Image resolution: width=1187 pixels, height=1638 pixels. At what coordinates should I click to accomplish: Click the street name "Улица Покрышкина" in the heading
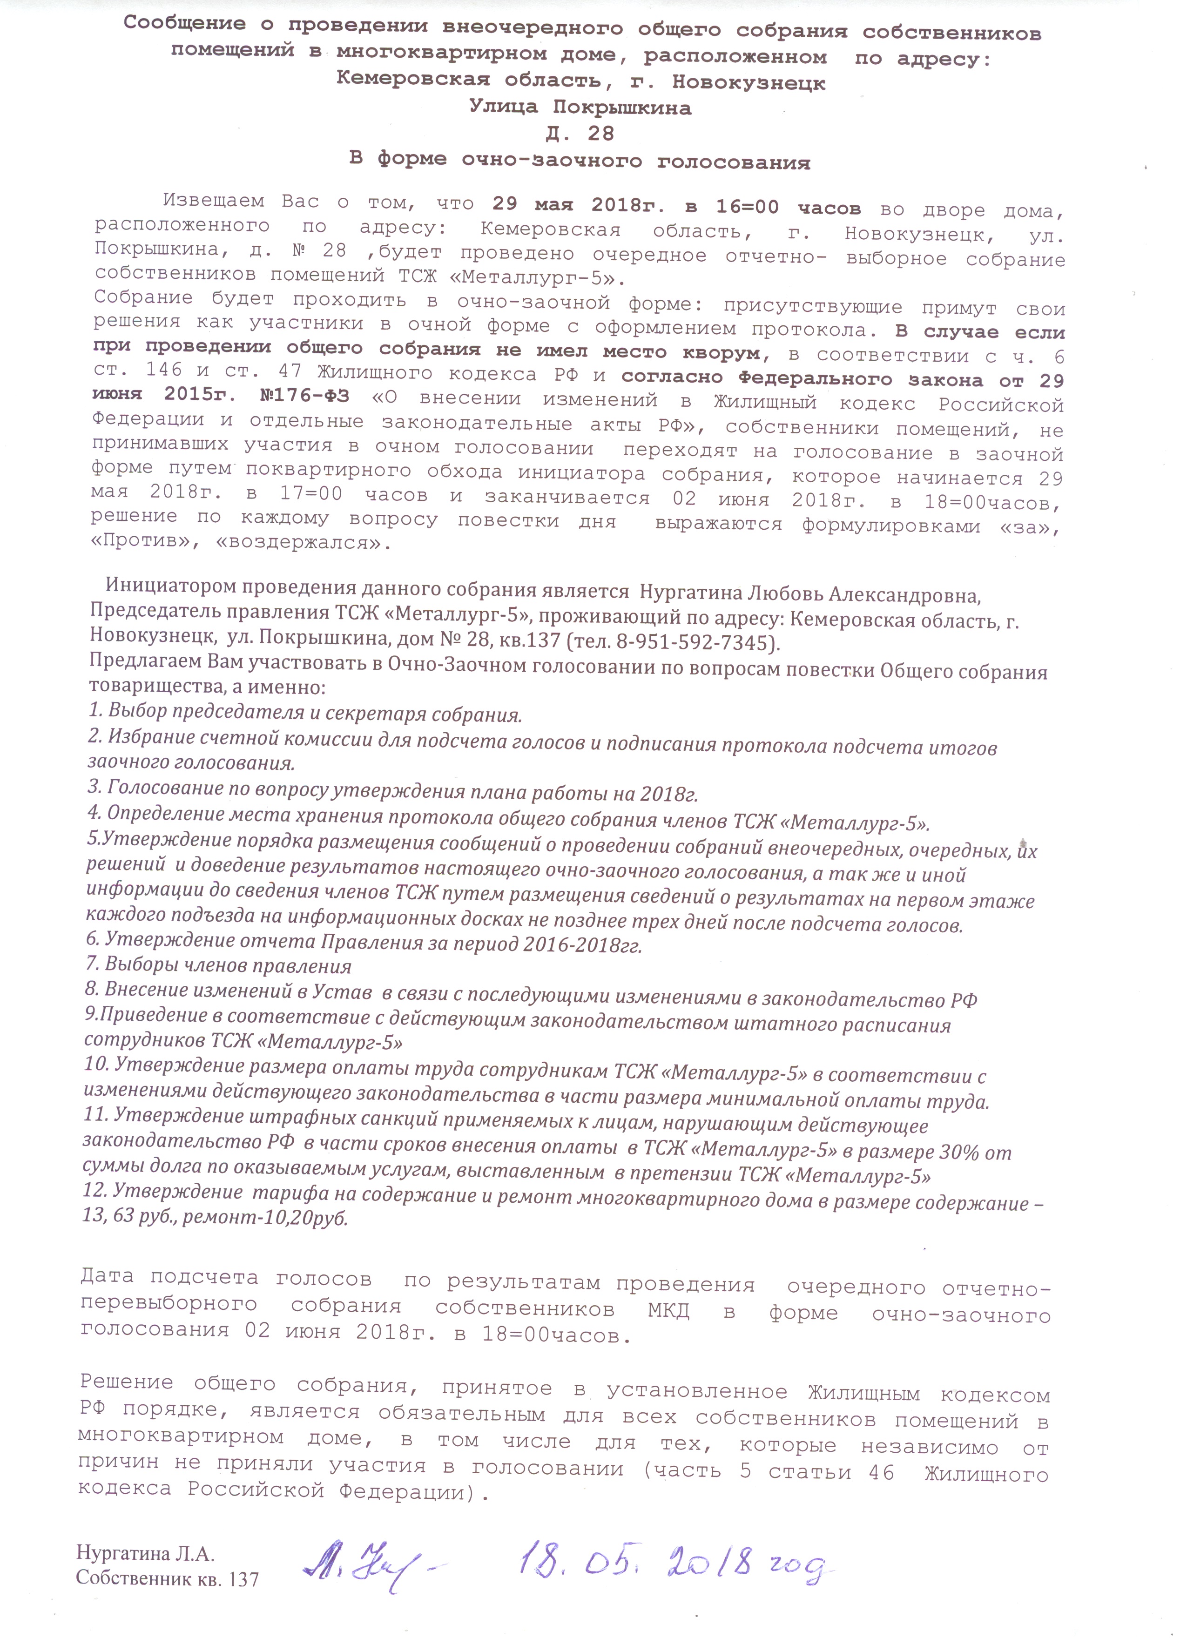[x=580, y=108]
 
